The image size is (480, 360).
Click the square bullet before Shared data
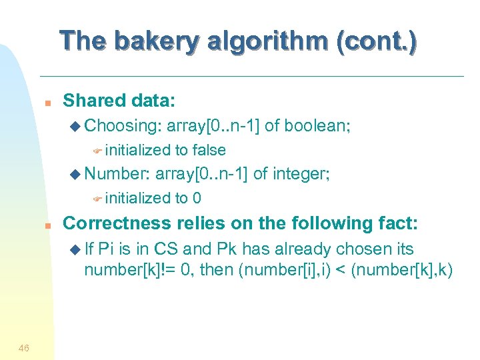pyautogui.click(x=47, y=103)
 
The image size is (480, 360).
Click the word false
pyautogui.click(x=209, y=151)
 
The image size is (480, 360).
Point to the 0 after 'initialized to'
pyautogui.click(x=197, y=198)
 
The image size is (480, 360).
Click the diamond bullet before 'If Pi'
pyautogui.click(x=75, y=249)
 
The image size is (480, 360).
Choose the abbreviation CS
pyautogui.click(x=166, y=249)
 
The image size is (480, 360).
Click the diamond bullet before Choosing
pyautogui.click(x=75, y=126)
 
